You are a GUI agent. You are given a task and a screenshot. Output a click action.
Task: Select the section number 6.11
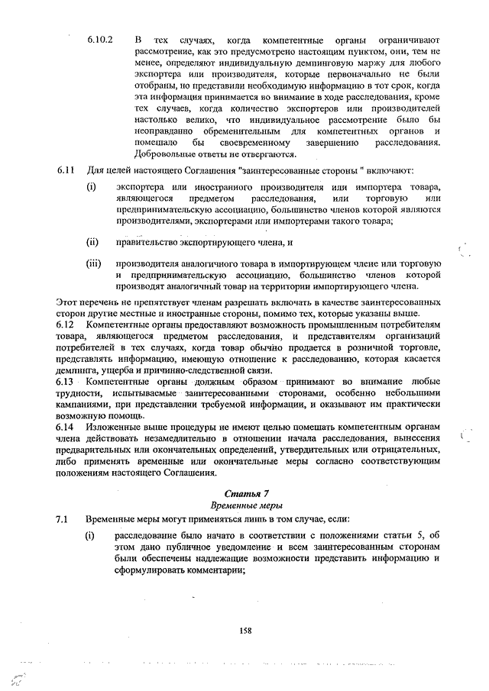click(x=64, y=170)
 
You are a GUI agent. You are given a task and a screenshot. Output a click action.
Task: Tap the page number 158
click(x=245, y=630)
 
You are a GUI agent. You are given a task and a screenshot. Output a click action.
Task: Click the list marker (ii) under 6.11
click(x=92, y=244)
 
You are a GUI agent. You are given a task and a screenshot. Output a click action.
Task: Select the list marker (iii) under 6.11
click(x=93, y=264)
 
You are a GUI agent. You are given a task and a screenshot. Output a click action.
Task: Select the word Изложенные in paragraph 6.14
click(x=112, y=428)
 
